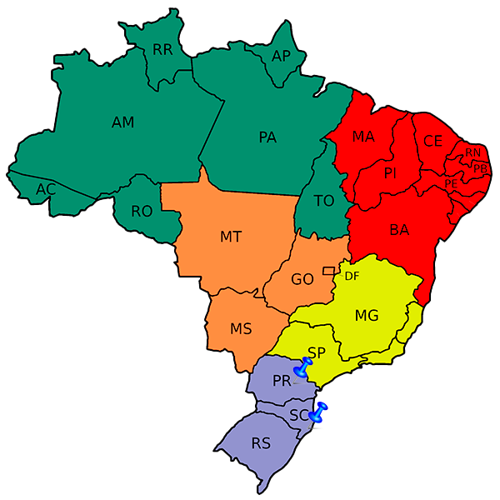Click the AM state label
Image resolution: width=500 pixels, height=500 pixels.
(x=122, y=122)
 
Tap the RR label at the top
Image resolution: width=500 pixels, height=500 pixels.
(x=162, y=50)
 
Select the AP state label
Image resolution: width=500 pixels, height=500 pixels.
(x=281, y=56)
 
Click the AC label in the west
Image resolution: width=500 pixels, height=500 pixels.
(x=46, y=190)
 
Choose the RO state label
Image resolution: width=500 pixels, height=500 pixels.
(x=142, y=212)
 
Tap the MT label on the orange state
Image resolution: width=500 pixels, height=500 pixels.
(x=231, y=237)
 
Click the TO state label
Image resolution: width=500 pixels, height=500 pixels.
(x=323, y=201)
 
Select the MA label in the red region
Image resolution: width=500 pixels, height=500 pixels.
(x=363, y=137)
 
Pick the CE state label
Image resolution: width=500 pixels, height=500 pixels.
(x=432, y=141)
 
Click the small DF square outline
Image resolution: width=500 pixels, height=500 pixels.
(x=328, y=270)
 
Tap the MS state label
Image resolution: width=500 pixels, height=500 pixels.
(x=242, y=329)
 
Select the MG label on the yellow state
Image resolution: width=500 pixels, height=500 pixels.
(x=367, y=315)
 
